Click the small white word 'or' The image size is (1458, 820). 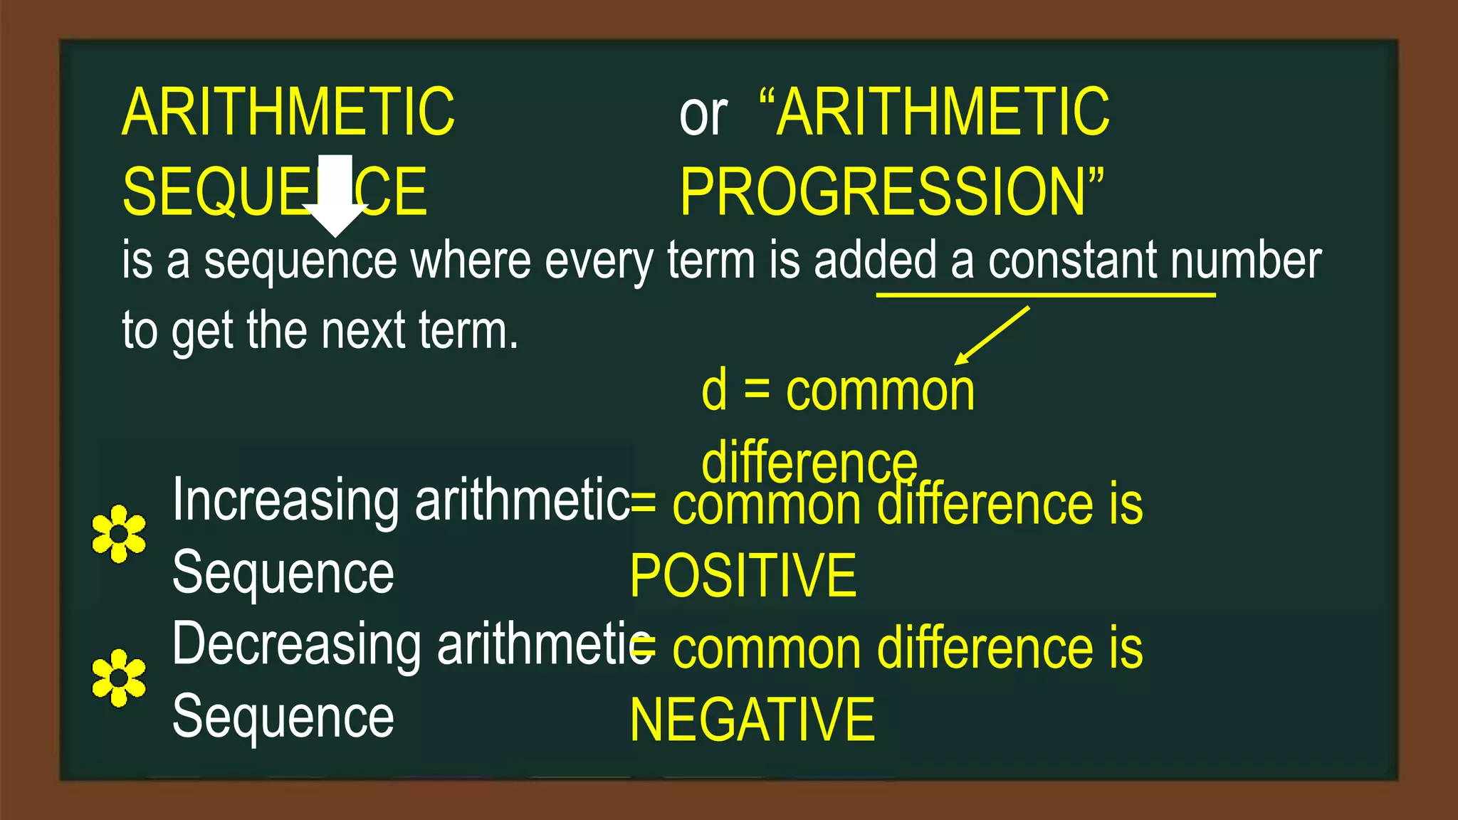coord(703,115)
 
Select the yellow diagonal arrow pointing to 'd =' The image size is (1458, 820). coord(992,335)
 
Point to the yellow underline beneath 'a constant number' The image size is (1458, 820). coord(1045,294)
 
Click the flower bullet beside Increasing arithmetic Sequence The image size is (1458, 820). coord(119,534)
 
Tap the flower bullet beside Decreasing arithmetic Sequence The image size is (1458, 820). coord(119,678)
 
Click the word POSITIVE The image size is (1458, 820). coord(743,577)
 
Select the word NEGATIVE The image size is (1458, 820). coord(752,720)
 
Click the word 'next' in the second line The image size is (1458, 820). coord(363,332)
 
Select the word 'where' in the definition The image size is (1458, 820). coord(471,261)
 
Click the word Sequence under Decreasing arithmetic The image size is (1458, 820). coord(283,717)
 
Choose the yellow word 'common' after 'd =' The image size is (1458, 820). coord(880,391)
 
